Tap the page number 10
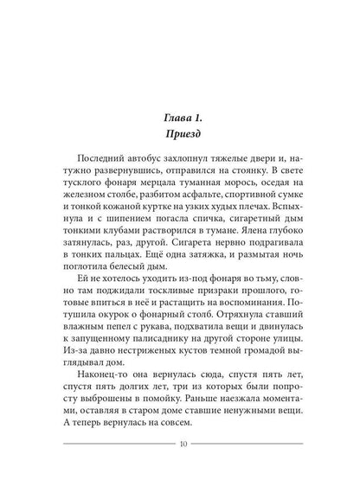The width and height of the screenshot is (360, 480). [x=180, y=445]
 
